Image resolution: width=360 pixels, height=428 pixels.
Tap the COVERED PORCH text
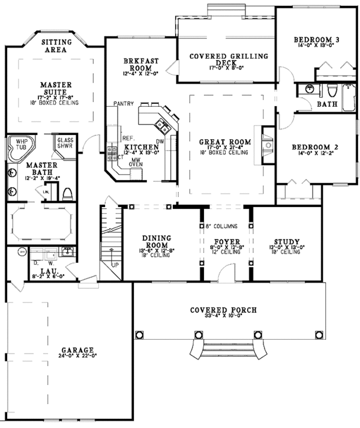pyautogui.click(x=223, y=310)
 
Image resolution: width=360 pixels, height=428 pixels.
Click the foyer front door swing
pyautogui.click(x=226, y=274)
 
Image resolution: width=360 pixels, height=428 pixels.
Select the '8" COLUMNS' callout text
pyautogui.click(x=222, y=226)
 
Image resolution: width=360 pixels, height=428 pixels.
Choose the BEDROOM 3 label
pyautogui.click(x=317, y=40)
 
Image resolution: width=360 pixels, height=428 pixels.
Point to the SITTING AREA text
pyautogui.click(x=56, y=46)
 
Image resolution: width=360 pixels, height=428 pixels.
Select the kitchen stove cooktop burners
pyautogui.click(x=112, y=152)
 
